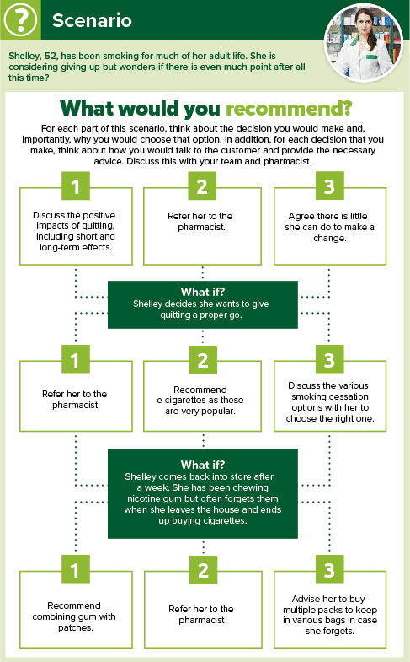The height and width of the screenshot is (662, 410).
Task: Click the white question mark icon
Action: (x=20, y=19)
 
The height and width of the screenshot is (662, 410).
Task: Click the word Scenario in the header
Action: (x=92, y=20)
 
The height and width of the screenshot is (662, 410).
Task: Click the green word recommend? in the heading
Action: (x=289, y=109)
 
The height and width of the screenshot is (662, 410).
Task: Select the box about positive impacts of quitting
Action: (x=76, y=226)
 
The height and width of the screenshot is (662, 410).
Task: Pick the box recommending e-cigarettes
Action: (x=202, y=396)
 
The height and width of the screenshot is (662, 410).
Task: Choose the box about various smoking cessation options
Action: (x=330, y=396)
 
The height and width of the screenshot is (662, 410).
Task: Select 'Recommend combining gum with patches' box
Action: (x=76, y=610)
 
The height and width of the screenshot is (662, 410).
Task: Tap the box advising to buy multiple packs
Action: (x=330, y=610)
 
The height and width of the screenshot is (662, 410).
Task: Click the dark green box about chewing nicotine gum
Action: (x=203, y=493)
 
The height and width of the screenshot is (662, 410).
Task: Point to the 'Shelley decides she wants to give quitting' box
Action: (x=203, y=304)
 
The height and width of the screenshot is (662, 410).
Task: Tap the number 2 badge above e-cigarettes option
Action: (x=203, y=360)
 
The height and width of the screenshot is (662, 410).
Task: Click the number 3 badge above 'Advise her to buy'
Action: (x=329, y=570)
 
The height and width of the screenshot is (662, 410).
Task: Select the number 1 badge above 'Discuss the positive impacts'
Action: (x=76, y=186)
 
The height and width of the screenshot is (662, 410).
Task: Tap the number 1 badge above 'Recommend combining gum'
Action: (x=76, y=570)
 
